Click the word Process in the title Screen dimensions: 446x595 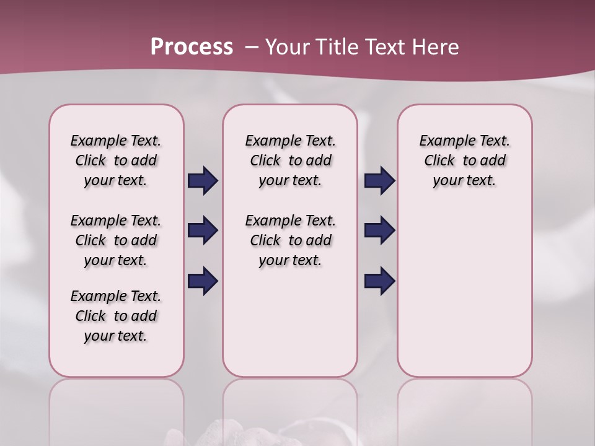coord(192,46)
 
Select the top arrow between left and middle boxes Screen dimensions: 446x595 coord(203,180)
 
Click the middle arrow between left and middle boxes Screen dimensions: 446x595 coord(203,230)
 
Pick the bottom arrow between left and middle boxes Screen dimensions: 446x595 coord(203,281)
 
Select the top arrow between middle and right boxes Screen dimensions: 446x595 coord(379,180)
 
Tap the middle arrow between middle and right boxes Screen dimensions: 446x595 coord(379,230)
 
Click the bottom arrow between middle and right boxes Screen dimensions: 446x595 coord(379,281)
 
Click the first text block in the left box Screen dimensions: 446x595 coord(116,160)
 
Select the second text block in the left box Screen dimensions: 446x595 coord(116,240)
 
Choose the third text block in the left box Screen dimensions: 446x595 coord(116,316)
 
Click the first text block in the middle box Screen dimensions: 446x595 coord(290,160)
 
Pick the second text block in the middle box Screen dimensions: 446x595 coord(290,240)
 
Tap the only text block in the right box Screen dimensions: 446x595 coord(464,160)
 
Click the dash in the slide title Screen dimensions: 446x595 coord(252,47)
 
